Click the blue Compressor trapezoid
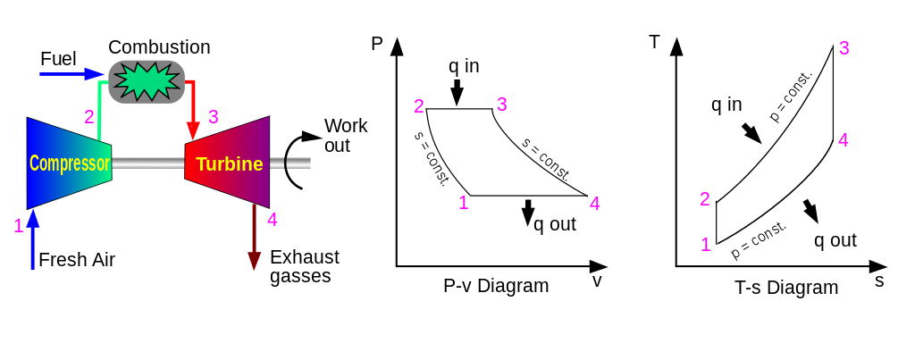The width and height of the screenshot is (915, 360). click(69, 163)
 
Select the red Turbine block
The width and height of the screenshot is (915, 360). click(227, 162)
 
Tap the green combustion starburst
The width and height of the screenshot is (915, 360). click(147, 81)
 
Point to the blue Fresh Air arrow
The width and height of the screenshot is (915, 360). click(33, 239)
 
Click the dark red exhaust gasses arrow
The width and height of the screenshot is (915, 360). click(255, 238)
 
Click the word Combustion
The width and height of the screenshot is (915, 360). click(159, 47)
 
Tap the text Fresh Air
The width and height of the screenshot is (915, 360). click(77, 260)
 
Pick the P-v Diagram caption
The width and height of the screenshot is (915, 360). click(496, 286)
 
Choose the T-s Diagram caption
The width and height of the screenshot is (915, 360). click(786, 287)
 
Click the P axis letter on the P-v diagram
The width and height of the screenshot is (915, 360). click(377, 44)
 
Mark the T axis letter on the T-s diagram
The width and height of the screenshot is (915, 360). click(655, 42)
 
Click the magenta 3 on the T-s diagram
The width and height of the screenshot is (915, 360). click(844, 48)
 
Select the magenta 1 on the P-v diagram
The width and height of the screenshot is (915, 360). click(464, 203)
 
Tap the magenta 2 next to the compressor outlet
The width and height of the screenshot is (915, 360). click(88, 117)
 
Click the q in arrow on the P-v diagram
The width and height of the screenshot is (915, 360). click(457, 92)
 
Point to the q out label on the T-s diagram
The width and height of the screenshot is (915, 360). click(835, 240)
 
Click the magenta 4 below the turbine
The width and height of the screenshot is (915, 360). click(272, 220)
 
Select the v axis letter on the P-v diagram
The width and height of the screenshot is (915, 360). click(596, 281)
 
